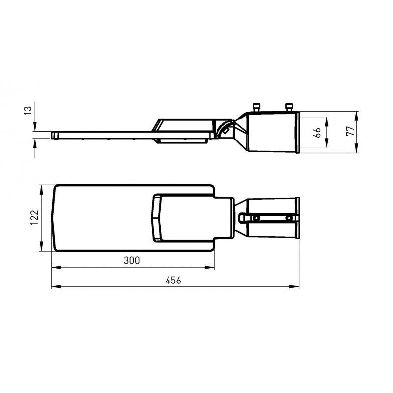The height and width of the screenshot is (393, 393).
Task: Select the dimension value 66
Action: click(x=318, y=132)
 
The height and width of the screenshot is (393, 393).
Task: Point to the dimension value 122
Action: click(x=33, y=217)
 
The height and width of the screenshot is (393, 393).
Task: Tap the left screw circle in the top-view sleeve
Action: click(x=256, y=218)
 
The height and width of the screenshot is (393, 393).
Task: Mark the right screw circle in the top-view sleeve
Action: click(x=289, y=218)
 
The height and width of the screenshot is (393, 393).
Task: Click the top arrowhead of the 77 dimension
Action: click(x=357, y=114)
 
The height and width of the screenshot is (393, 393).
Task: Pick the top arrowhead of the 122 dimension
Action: click(x=41, y=187)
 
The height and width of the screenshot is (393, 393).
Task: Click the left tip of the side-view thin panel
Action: click(x=52, y=134)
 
